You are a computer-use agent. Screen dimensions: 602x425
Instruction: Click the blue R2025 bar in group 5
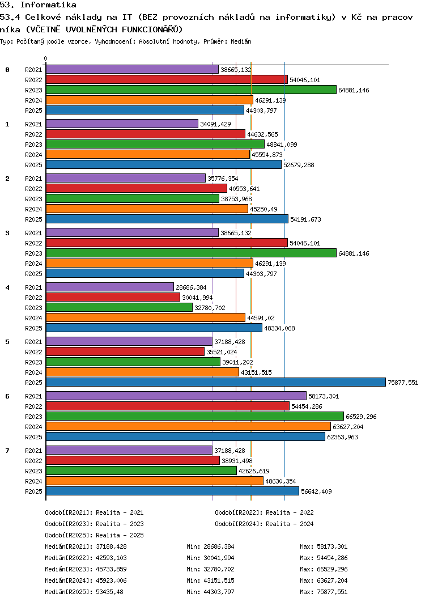pos(215,383)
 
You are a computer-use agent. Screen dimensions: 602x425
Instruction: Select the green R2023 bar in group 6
pos(194,417)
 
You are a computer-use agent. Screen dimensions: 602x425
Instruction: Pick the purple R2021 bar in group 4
pos(109,287)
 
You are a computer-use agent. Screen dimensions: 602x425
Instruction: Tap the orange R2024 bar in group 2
pos(147,209)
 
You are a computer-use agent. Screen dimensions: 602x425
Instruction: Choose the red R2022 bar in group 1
pos(145,134)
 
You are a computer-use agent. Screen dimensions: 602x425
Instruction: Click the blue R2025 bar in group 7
pos(172,491)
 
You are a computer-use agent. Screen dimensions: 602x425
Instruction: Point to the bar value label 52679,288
pos(300,165)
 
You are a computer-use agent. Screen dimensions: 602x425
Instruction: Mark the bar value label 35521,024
pos(222,352)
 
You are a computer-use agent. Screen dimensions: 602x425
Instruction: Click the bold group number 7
pos(7,451)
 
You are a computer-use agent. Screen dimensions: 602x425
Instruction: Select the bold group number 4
pos(7,287)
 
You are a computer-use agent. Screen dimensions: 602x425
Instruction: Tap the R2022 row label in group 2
pos(33,189)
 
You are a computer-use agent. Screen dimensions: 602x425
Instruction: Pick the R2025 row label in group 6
pos(33,437)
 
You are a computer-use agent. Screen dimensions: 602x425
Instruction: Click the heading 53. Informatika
pos(38,5)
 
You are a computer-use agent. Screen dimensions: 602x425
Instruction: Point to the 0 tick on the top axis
pos(46,58)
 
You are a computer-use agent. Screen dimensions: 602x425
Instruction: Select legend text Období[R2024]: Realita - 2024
pos(264,524)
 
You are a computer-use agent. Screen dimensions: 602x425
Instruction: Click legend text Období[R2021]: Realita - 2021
pos(94,512)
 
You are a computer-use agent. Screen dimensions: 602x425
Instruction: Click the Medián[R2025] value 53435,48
pos(111,592)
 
